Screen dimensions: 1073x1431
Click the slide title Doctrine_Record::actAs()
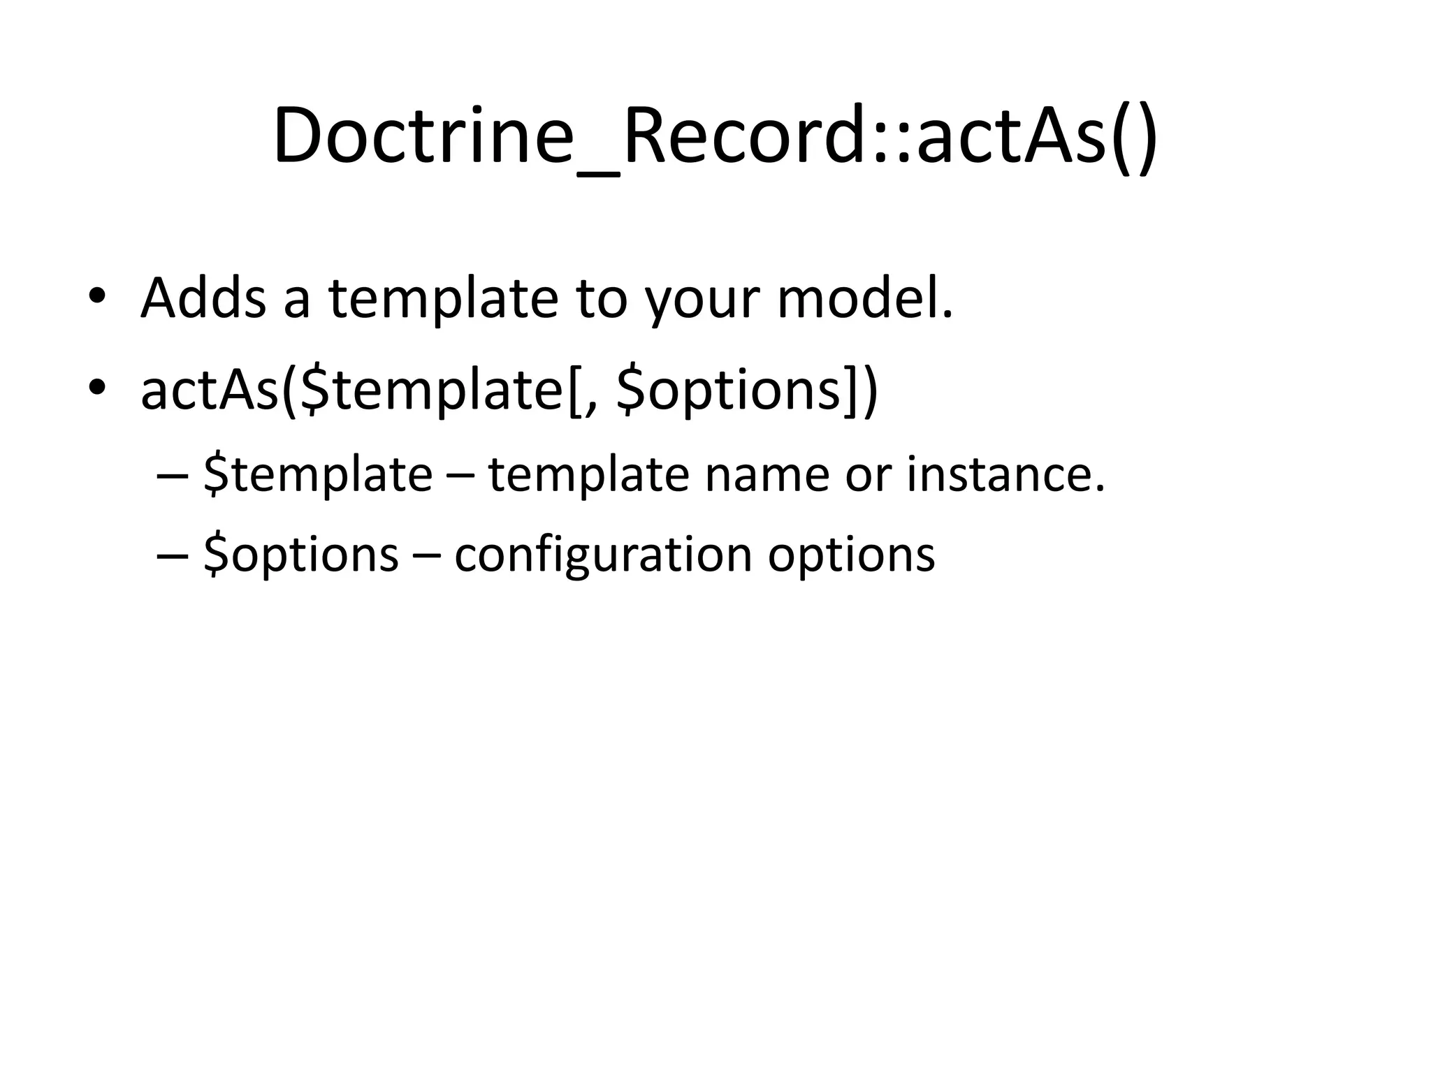(x=715, y=136)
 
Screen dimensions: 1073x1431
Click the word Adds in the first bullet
(x=203, y=298)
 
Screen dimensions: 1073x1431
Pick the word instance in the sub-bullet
(x=1005, y=475)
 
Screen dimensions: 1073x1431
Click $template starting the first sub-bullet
(x=318, y=475)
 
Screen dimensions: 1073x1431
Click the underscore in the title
(x=600, y=171)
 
